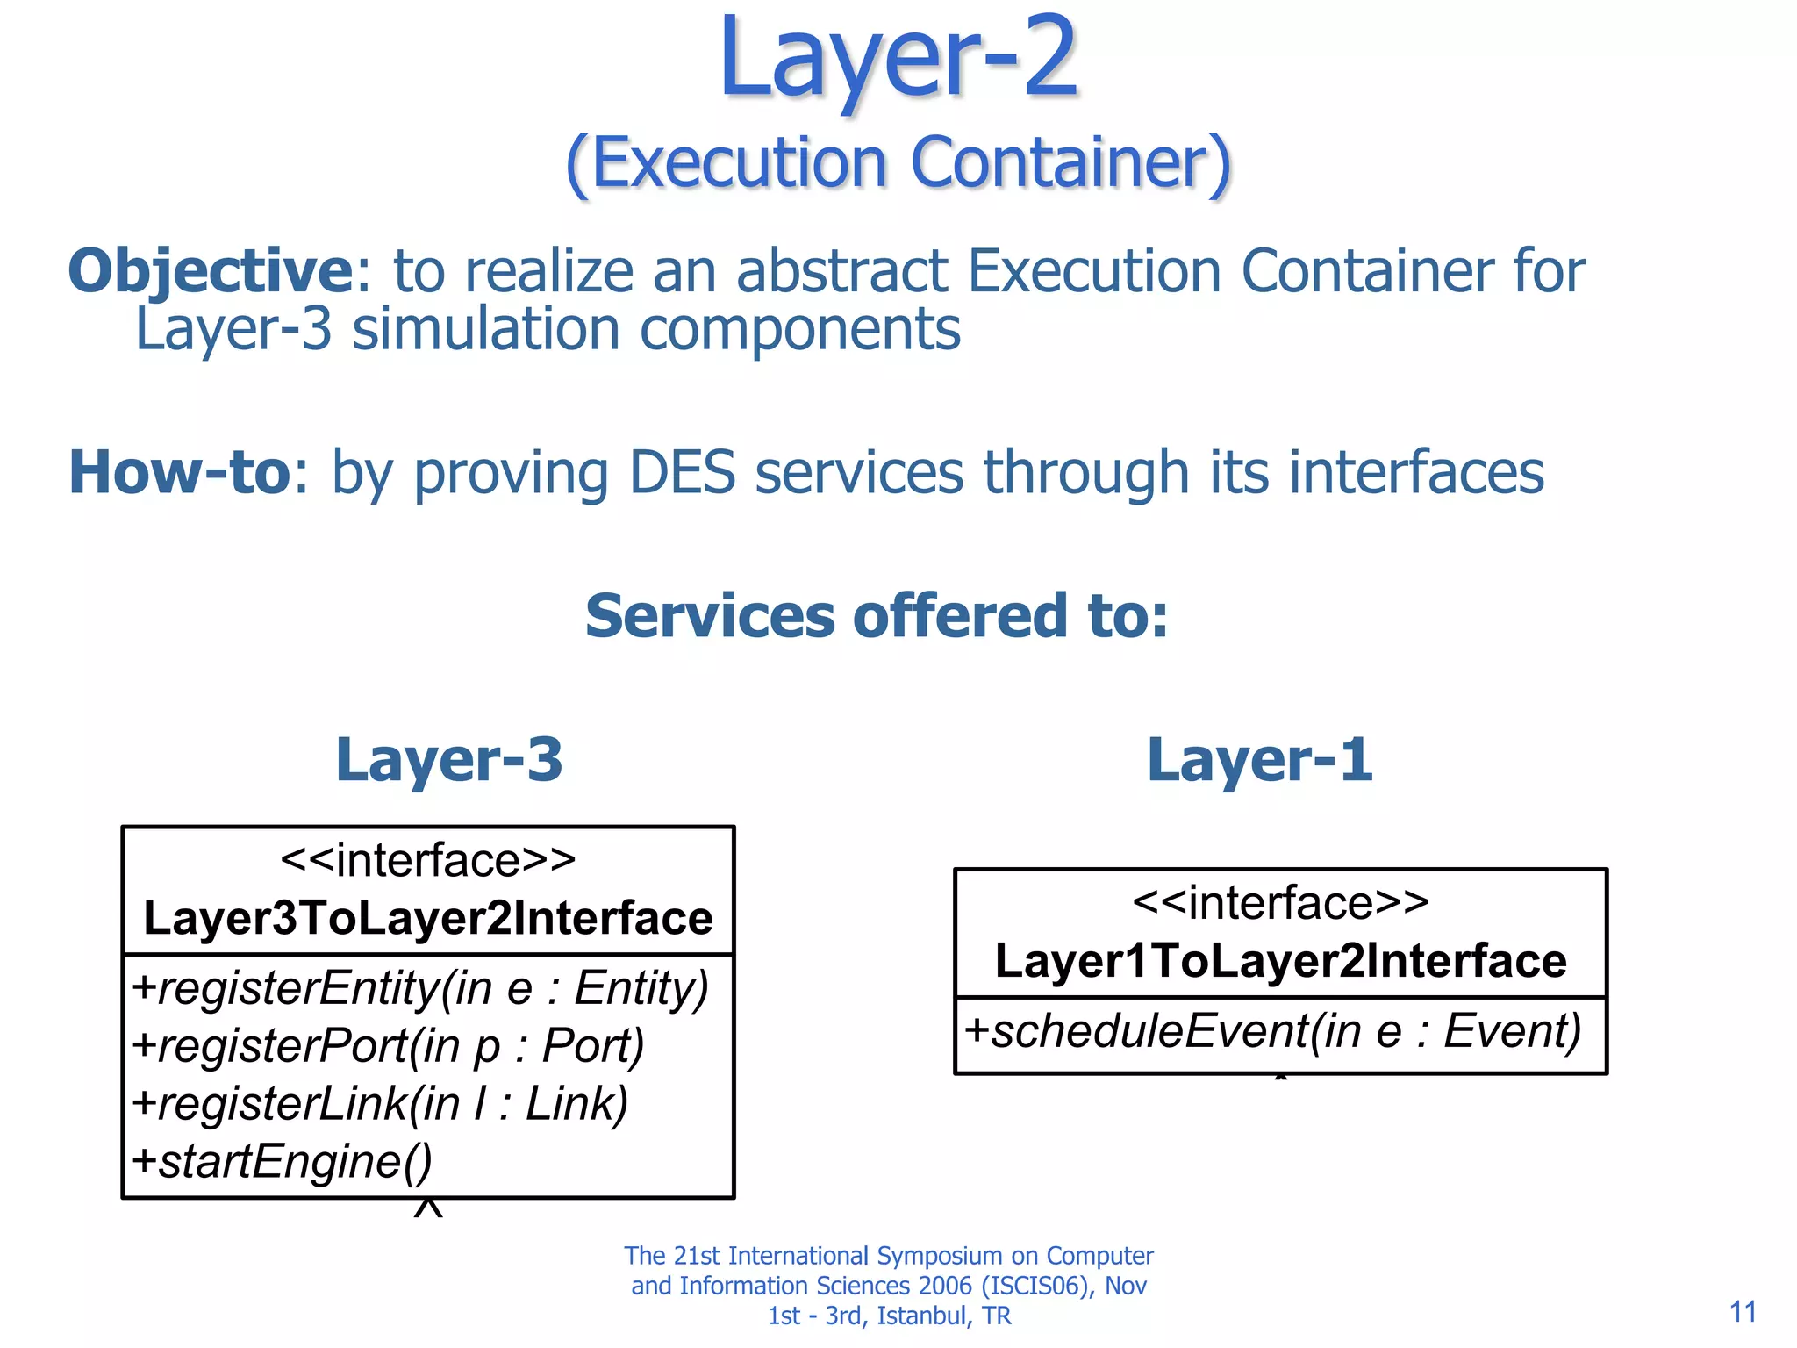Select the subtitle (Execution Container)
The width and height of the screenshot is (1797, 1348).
pyautogui.click(x=898, y=163)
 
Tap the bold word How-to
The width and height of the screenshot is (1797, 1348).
pyautogui.click(x=180, y=472)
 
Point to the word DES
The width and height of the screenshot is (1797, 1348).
pyautogui.click(x=682, y=472)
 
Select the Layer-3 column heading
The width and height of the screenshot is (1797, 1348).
pyautogui.click(x=448, y=759)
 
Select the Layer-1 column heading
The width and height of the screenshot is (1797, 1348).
pyautogui.click(x=1259, y=759)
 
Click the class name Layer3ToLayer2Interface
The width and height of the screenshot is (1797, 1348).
pyautogui.click(x=428, y=918)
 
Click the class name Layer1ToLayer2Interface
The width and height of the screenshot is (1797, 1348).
pyautogui.click(x=1280, y=960)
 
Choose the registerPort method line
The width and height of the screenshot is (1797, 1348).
pyautogui.click(x=388, y=1045)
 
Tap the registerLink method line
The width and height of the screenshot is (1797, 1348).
pyautogui.click(x=380, y=1103)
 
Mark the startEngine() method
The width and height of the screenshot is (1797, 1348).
pyautogui.click(x=282, y=1161)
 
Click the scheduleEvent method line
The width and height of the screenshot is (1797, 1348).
pyautogui.click(x=1272, y=1030)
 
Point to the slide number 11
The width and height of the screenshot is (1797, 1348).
pyautogui.click(x=1743, y=1312)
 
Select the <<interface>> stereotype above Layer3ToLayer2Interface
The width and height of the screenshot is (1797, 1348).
pyautogui.click(x=428, y=859)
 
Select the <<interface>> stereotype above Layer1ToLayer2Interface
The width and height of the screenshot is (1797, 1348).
pyautogui.click(x=1280, y=902)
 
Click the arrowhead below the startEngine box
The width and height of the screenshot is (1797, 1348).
pyautogui.click(x=428, y=1208)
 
